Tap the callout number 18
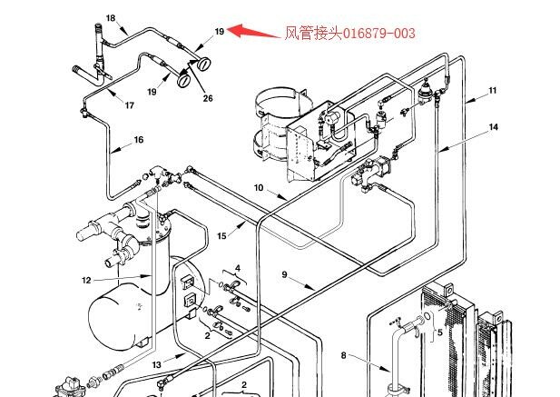click(x=111, y=18)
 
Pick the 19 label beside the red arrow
click(x=219, y=32)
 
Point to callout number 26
click(x=208, y=98)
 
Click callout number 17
click(x=130, y=105)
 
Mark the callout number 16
click(x=139, y=140)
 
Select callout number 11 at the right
click(x=493, y=90)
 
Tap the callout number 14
click(x=494, y=127)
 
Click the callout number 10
click(x=258, y=187)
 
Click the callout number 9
click(x=283, y=274)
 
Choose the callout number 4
click(x=238, y=268)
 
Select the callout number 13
click(x=156, y=364)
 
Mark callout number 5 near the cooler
click(x=439, y=332)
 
